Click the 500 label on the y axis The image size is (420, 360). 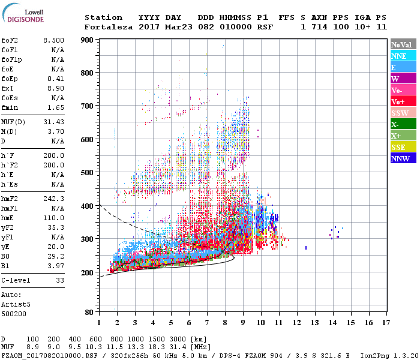87,173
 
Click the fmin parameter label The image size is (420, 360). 10,107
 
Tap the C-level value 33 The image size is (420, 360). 59,280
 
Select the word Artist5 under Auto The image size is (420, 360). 14,305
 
